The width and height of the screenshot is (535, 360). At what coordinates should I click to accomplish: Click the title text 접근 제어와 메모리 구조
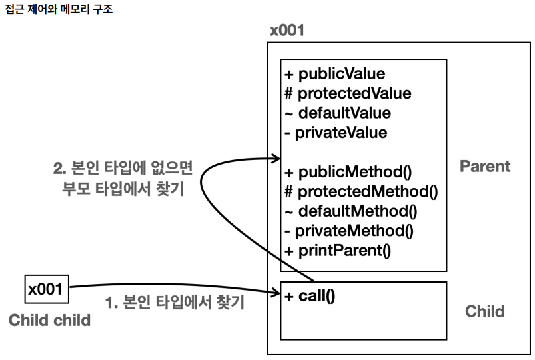pyautogui.click(x=59, y=9)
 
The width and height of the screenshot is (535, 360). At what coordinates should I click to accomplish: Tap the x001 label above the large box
pyautogui.click(x=287, y=31)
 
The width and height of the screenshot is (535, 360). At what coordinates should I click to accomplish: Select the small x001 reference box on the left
pyautogui.click(x=47, y=289)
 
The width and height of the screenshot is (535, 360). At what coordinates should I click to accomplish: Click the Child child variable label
pyautogui.click(x=49, y=321)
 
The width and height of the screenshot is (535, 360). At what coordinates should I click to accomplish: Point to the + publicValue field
pyautogui.click(x=335, y=74)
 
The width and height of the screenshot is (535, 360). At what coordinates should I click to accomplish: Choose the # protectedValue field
pyautogui.click(x=348, y=93)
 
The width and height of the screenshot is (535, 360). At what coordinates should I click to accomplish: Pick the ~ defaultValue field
pyautogui.click(x=338, y=113)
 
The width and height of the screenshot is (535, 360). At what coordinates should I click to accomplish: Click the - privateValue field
pyautogui.click(x=336, y=133)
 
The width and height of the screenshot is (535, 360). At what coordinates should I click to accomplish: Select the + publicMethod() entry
pyautogui.click(x=348, y=172)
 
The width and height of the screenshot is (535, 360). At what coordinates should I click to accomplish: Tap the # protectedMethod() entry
pyautogui.click(x=361, y=191)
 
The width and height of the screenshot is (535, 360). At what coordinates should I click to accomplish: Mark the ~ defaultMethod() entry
pyautogui.click(x=351, y=211)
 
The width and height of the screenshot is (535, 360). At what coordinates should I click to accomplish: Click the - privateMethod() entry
pyautogui.click(x=349, y=231)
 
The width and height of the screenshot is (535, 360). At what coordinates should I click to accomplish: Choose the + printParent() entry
pyautogui.click(x=338, y=251)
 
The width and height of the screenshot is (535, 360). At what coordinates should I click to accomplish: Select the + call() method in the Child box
pyautogui.click(x=310, y=296)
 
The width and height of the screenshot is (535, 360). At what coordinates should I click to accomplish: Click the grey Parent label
pyautogui.click(x=485, y=167)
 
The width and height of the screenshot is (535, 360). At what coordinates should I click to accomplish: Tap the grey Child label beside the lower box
pyautogui.click(x=485, y=311)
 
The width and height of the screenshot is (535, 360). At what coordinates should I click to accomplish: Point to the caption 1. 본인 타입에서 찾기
pyautogui.click(x=175, y=302)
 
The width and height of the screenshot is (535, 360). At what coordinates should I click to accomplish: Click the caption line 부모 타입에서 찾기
pyautogui.click(x=123, y=189)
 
